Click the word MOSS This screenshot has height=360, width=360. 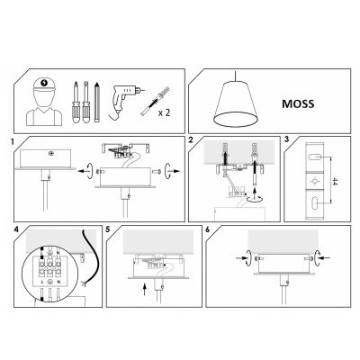(298, 103)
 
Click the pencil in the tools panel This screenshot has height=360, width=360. (96, 102)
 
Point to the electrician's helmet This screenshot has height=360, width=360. (44, 84)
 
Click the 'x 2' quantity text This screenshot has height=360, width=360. (164, 113)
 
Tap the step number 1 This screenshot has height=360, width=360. (13, 141)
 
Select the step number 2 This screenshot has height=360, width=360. (191, 139)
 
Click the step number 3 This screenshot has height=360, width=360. (287, 139)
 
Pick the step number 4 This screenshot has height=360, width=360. (16, 229)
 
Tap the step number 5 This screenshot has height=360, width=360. (108, 229)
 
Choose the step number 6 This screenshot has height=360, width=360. (208, 229)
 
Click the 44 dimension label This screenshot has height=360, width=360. (335, 181)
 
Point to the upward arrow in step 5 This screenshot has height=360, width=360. (145, 289)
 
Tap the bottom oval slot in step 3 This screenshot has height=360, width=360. (315, 204)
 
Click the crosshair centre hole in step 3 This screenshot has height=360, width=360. (315, 181)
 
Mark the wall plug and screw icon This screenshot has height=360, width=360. (155, 101)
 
